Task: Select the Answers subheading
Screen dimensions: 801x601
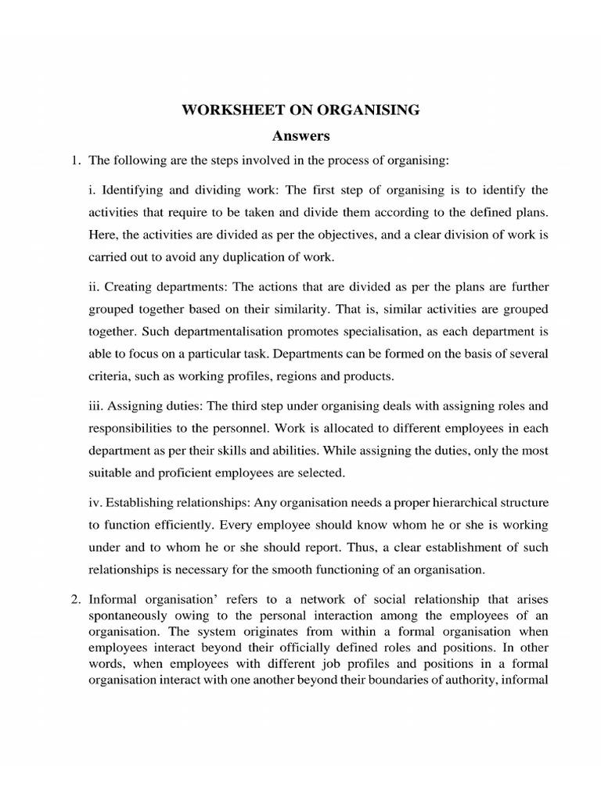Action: coord(300,136)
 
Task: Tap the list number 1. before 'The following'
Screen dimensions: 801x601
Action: coord(76,161)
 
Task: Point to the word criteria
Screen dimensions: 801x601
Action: coord(106,376)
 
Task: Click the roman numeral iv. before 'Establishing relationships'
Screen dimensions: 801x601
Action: coord(95,501)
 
